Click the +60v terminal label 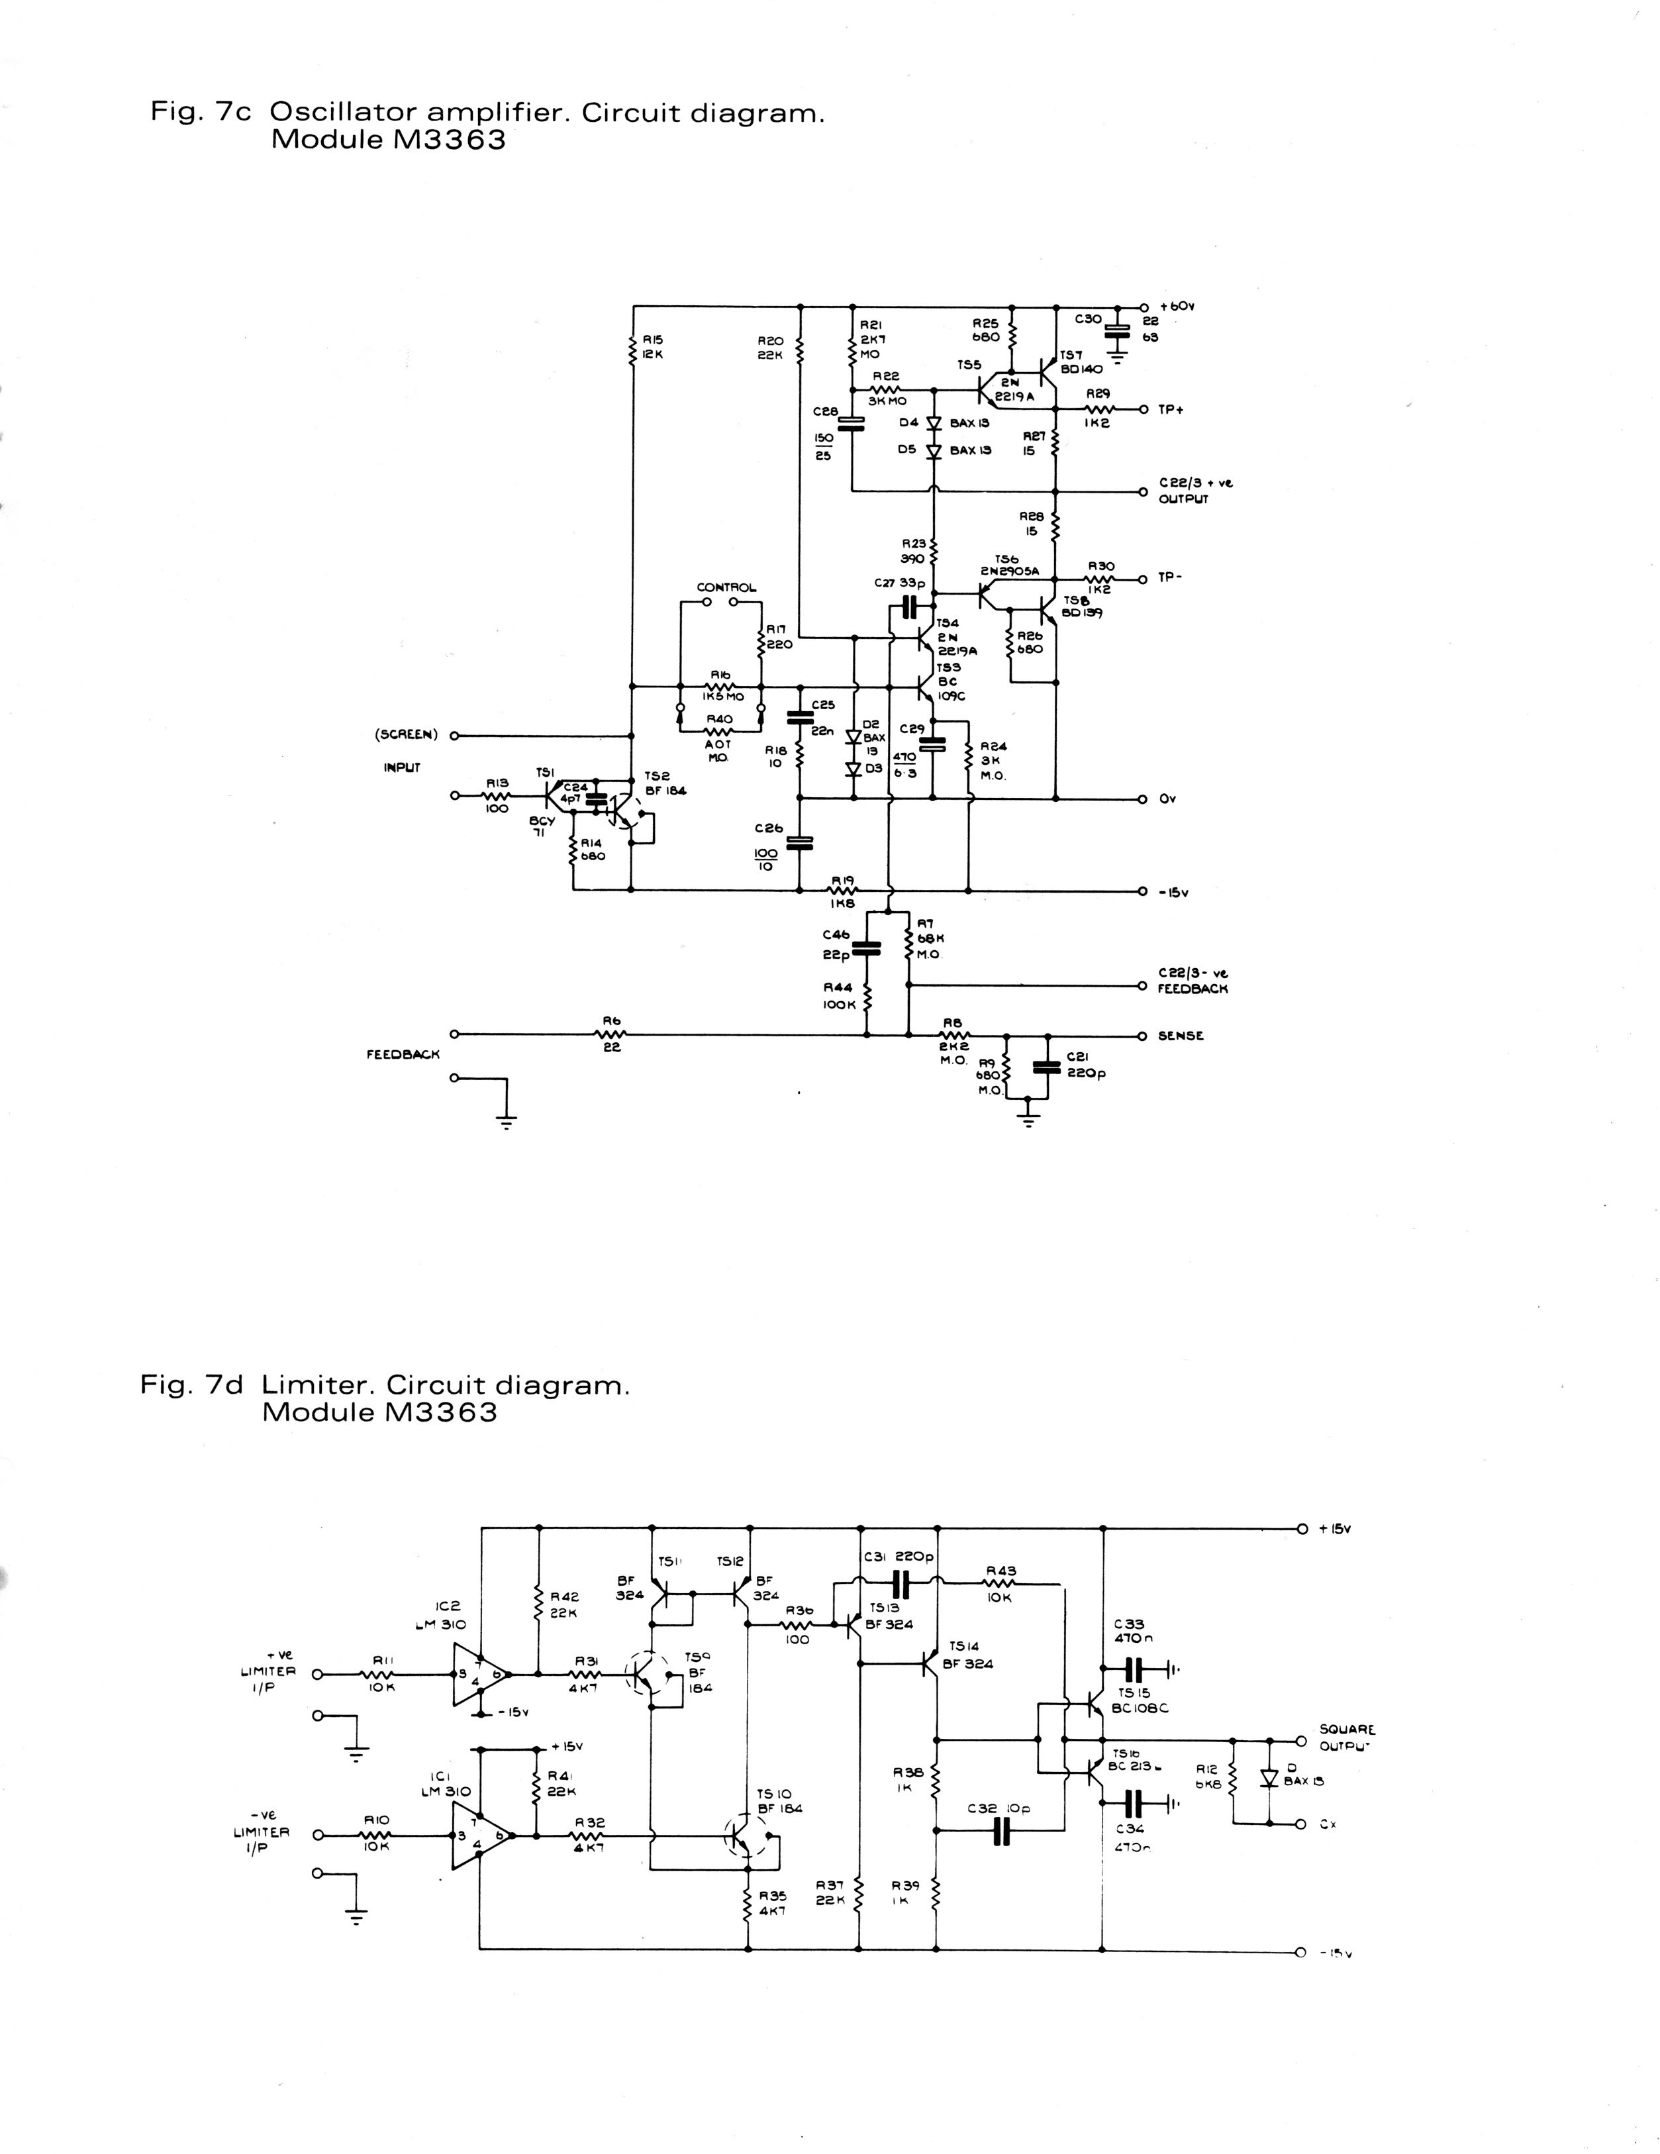pos(1178,307)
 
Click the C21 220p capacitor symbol pos(1048,1065)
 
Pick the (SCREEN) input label pos(405,735)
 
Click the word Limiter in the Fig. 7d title pos(318,1385)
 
